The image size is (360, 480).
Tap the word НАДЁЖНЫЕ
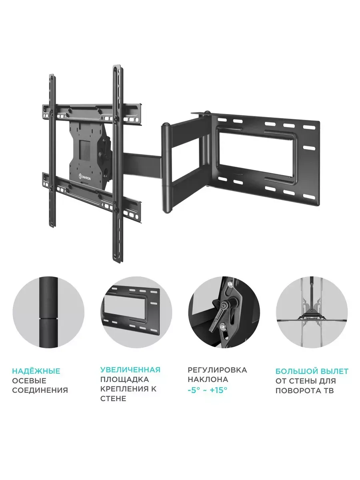(36, 371)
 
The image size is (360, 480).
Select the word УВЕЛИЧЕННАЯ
(130, 370)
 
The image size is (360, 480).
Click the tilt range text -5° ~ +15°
(208, 390)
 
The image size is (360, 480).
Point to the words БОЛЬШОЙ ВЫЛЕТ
(312, 371)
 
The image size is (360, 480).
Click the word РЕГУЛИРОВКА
(217, 370)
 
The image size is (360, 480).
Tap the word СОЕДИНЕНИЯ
(40, 390)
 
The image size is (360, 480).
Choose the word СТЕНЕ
(113, 398)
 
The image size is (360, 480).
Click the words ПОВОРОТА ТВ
(304, 390)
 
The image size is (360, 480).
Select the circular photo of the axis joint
(48, 312)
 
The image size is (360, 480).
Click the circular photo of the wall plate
(136, 312)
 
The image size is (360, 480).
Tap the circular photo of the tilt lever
(224, 312)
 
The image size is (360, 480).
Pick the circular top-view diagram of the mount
(312, 312)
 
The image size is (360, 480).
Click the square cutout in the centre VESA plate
(84, 150)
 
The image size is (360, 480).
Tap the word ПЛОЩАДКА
(124, 380)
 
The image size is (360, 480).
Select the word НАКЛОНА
(208, 380)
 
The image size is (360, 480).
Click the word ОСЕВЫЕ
(29, 380)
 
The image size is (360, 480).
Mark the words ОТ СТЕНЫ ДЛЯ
(306, 381)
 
